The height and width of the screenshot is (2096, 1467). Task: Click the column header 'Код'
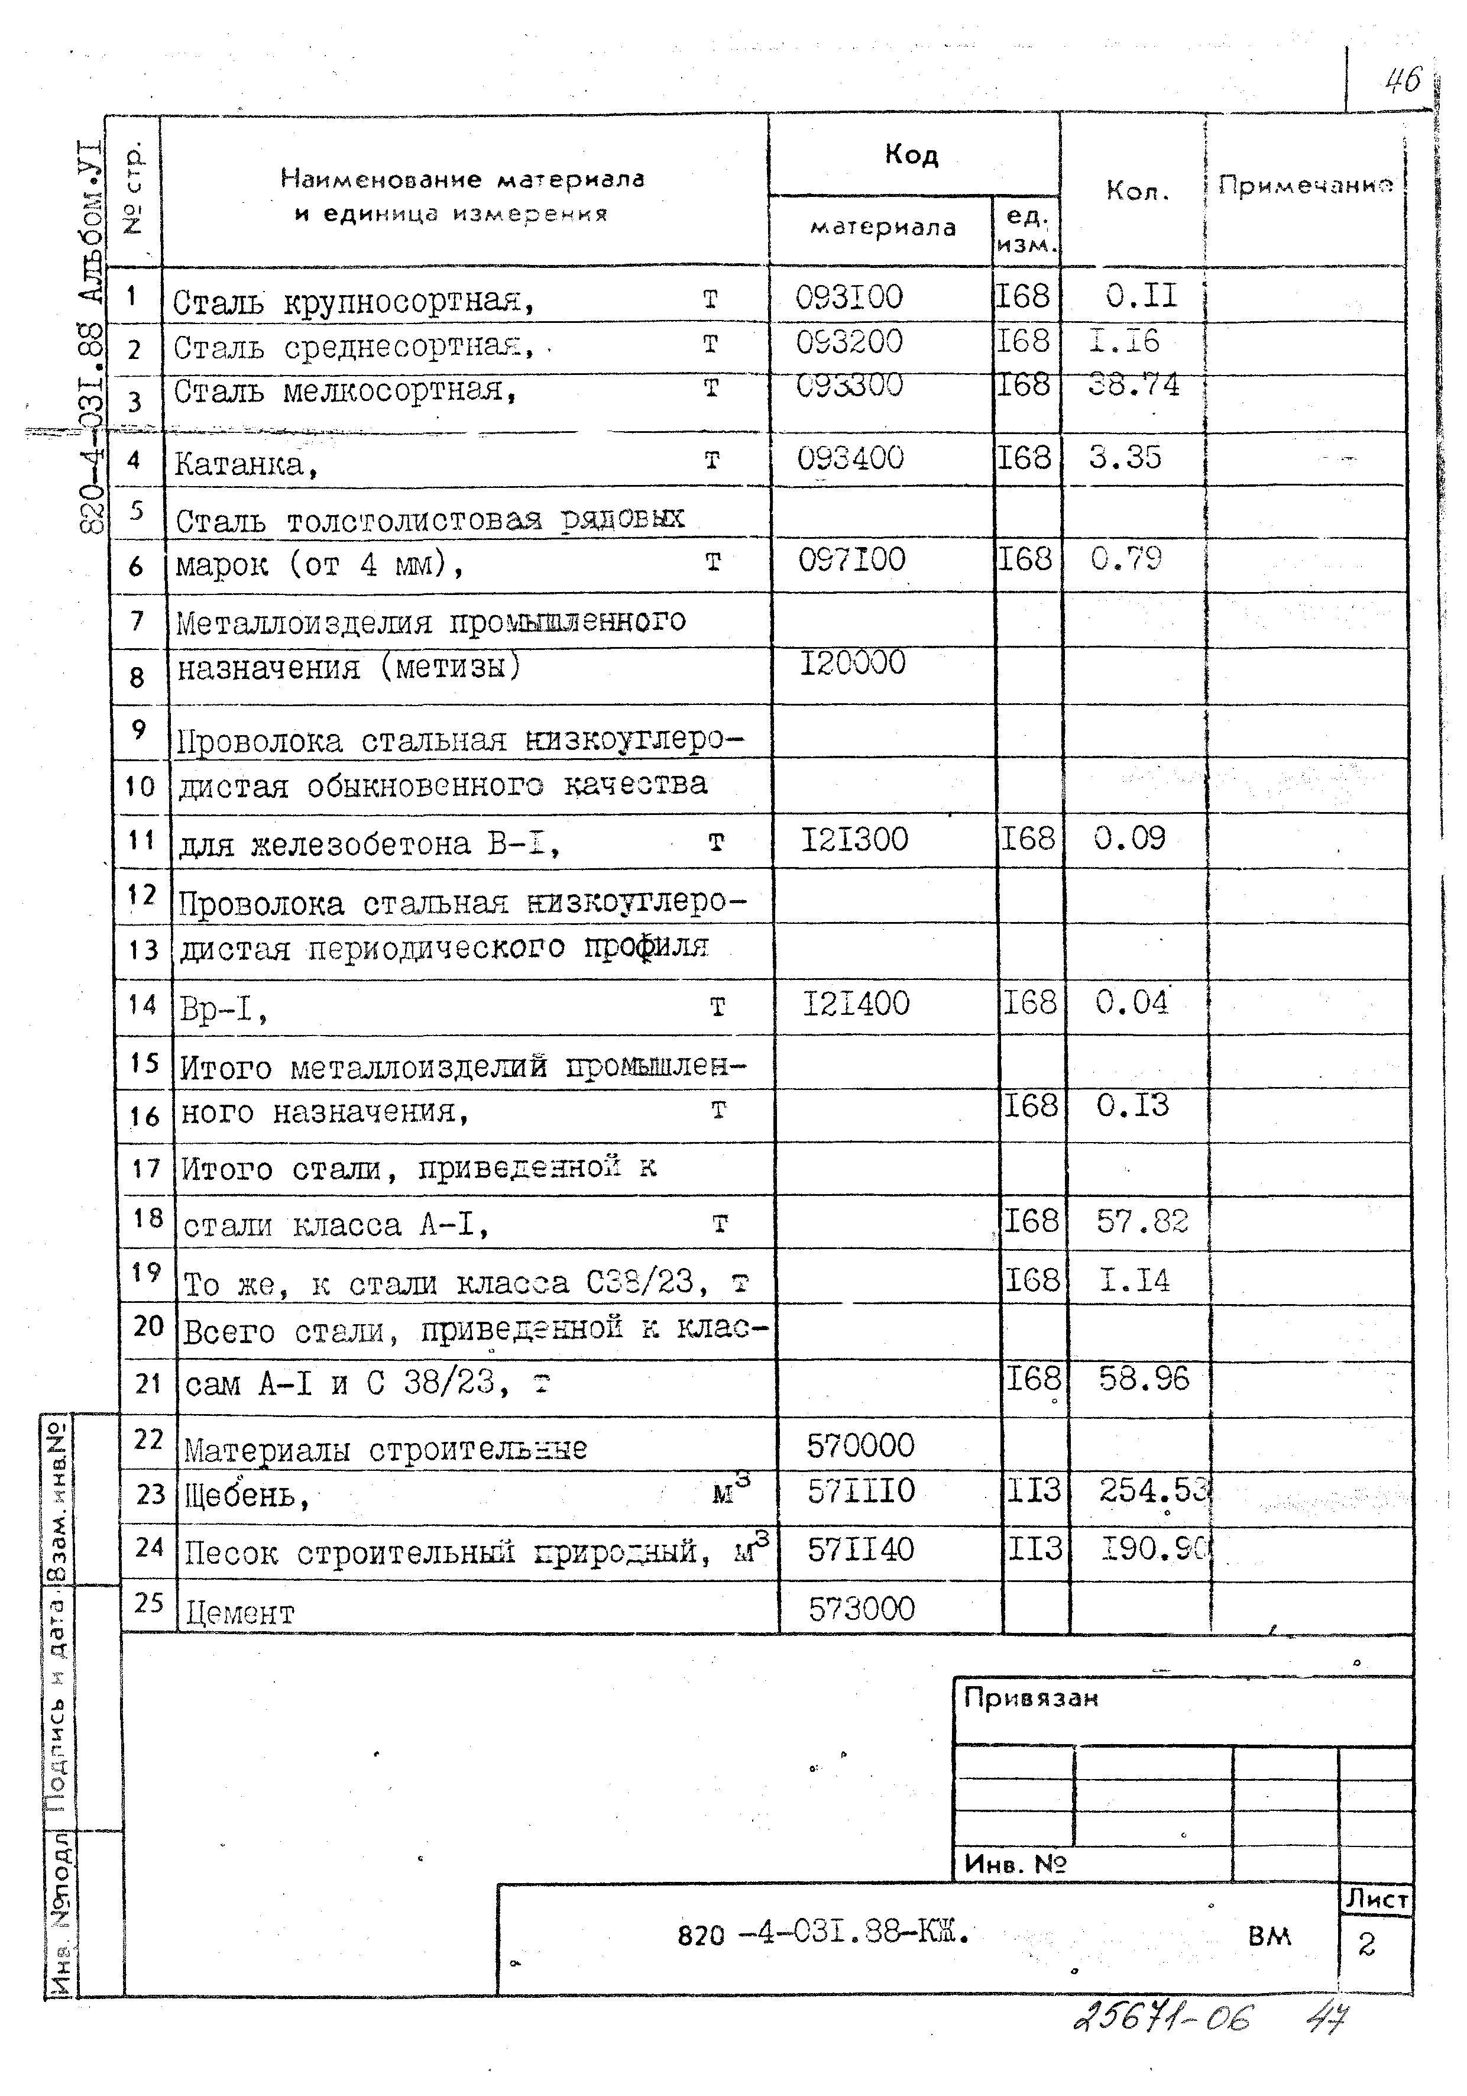[x=911, y=155]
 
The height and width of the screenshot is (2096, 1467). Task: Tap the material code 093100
[x=849, y=297]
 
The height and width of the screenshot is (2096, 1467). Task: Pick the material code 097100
[x=851, y=559]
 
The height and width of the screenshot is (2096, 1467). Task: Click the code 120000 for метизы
[x=853, y=662]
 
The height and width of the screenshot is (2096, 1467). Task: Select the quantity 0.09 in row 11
[x=1129, y=837]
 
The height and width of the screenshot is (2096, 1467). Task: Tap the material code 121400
[x=856, y=1003]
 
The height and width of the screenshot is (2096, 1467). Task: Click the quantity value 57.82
[x=1142, y=1221]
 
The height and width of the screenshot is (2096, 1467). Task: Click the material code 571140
[x=860, y=1549]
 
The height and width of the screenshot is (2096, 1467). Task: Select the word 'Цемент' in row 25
[x=240, y=1613]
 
